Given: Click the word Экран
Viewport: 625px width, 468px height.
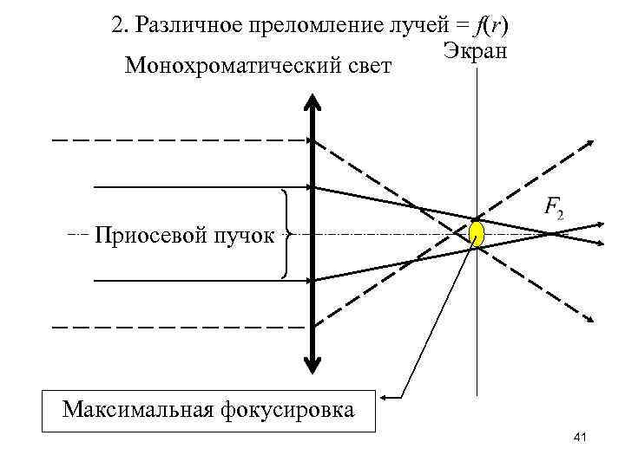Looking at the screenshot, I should [x=475, y=49].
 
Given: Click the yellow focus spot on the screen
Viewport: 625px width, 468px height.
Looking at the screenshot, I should [x=477, y=233].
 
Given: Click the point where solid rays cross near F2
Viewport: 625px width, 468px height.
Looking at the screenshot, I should [x=552, y=232].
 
